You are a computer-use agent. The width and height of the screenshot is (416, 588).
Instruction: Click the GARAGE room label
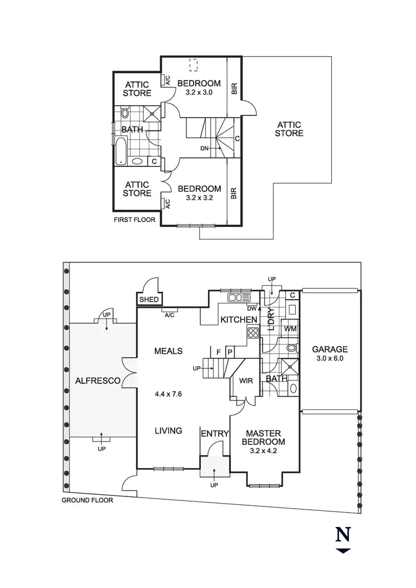[329, 349]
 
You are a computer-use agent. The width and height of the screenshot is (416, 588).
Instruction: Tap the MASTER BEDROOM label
[265, 437]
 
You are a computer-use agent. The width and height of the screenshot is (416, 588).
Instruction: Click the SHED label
[149, 300]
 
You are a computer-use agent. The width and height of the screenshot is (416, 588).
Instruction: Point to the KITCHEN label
[239, 320]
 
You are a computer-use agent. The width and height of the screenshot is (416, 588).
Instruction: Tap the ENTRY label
[215, 433]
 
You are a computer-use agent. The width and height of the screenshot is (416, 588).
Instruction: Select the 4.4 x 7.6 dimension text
[169, 395]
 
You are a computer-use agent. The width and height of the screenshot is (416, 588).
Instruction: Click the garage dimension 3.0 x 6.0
[329, 359]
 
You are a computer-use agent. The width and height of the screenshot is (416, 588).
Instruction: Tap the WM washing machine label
[290, 330]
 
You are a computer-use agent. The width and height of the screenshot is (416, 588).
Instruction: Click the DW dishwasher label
[252, 308]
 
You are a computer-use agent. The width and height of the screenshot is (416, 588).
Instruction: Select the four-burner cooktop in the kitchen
[253, 333]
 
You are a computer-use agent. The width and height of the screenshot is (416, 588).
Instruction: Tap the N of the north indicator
[343, 535]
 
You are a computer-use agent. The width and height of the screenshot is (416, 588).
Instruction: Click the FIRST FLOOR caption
[134, 220]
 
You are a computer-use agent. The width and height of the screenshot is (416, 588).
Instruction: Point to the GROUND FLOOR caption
[87, 500]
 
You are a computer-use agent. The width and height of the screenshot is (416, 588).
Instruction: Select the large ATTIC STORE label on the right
[290, 129]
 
